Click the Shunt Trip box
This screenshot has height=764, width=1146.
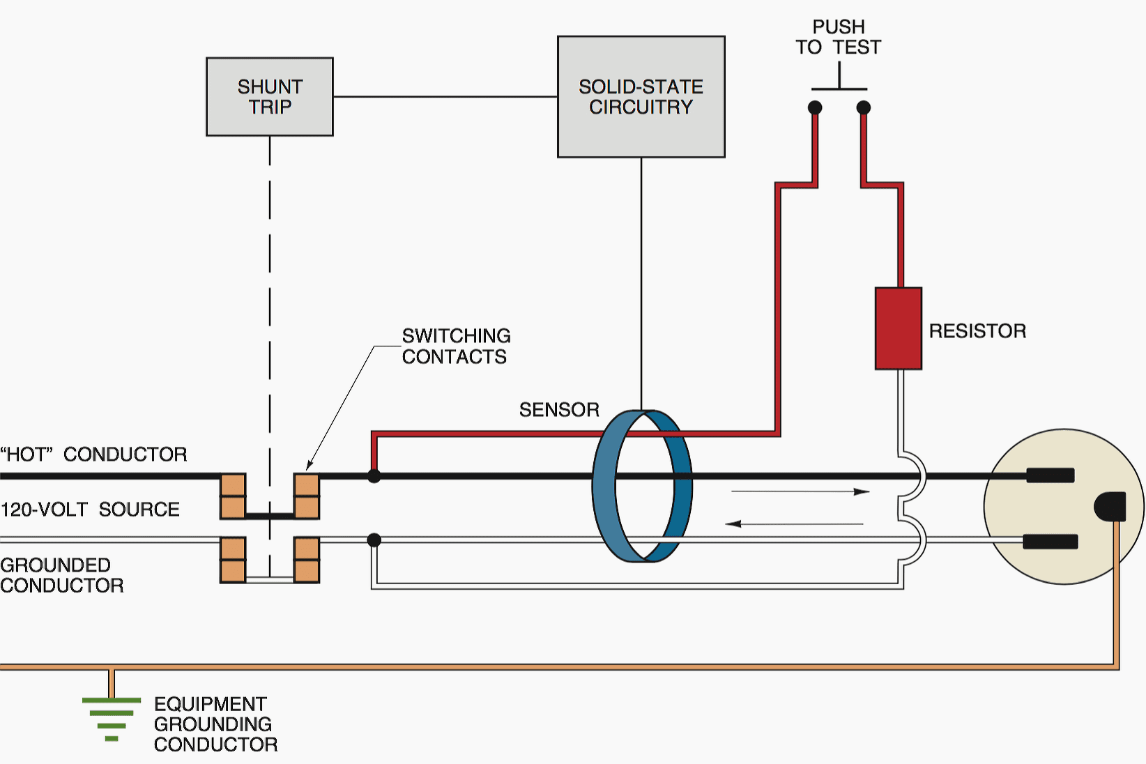(x=269, y=97)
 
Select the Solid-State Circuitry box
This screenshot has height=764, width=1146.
(x=641, y=97)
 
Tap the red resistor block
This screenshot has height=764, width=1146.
(x=898, y=328)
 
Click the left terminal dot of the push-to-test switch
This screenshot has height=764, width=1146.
(x=815, y=107)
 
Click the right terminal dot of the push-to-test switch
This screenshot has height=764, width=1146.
(x=863, y=107)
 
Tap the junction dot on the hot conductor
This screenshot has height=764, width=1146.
(x=374, y=476)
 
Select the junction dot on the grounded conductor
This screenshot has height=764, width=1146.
(x=374, y=540)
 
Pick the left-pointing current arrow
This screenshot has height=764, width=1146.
(x=795, y=524)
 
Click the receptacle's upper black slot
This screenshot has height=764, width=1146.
(x=1050, y=476)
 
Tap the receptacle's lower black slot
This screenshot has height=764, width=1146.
(x=1050, y=541)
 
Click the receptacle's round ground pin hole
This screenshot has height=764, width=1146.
(x=1110, y=507)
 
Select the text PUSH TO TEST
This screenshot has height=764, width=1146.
(x=838, y=37)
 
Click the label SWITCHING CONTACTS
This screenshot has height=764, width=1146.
(x=456, y=346)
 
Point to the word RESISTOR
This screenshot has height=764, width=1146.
(x=977, y=331)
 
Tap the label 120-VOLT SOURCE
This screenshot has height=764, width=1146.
(x=90, y=510)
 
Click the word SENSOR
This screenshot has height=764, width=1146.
(x=559, y=410)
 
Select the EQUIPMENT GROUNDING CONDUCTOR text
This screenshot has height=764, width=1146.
(x=215, y=724)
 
